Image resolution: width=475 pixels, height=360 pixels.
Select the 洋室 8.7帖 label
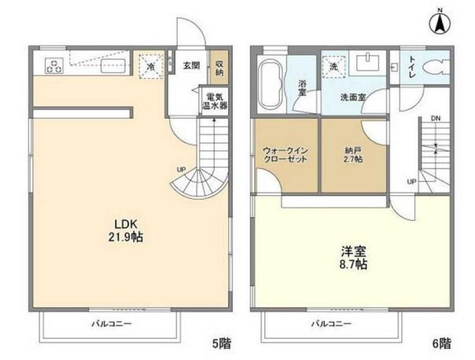click(351, 259)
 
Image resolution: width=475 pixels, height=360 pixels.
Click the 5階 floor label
click(221, 343)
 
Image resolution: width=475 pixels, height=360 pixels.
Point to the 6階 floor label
click(441, 343)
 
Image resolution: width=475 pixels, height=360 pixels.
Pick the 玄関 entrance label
click(191, 66)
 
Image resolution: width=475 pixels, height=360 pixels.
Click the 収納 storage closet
click(218, 69)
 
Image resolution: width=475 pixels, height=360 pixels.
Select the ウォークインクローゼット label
click(285, 155)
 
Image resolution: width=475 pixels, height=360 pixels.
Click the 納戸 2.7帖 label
click(352, 155)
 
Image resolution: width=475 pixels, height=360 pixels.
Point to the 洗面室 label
click(352, 97)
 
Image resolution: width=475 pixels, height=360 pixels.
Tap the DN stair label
click(435, 119)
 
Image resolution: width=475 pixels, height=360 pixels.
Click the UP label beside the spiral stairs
click(181, 169)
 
